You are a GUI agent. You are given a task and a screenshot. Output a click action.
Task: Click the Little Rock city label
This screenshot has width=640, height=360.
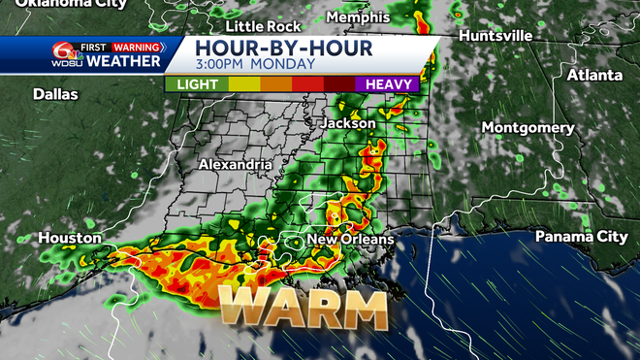tap(258, 26)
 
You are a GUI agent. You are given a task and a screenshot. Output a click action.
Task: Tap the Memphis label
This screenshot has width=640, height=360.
tap(358, 17)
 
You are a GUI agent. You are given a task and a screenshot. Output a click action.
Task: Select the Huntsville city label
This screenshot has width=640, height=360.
tap(496, 35)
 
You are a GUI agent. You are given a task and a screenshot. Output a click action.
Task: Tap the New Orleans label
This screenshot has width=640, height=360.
tap(350, 240)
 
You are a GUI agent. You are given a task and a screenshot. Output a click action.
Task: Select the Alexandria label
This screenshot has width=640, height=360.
tap(235, 165)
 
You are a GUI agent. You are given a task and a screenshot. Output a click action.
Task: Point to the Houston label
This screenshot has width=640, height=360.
tap(71, 238)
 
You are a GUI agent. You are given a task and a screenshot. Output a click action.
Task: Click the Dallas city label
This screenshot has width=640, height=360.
tap(55, 94)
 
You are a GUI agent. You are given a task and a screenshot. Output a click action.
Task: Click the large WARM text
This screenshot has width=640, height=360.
tap(302, 309)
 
